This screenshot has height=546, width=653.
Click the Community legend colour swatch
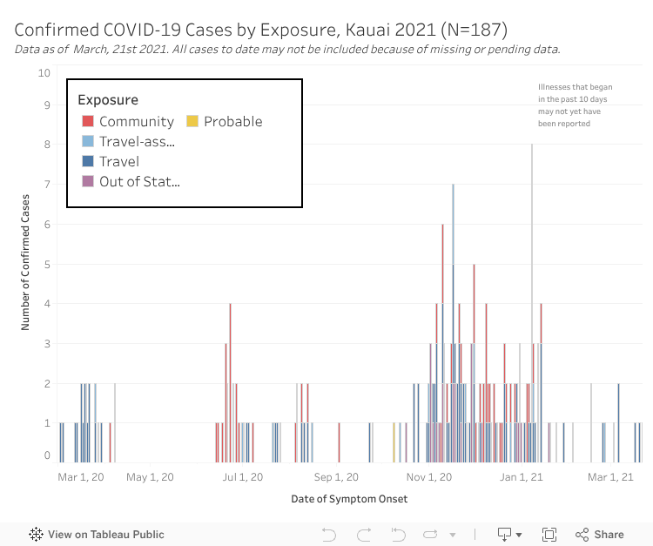[88, 122]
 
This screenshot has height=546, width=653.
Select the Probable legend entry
[232, 122]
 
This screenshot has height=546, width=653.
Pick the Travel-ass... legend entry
[137, 142]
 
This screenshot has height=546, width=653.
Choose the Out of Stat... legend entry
[139, 181]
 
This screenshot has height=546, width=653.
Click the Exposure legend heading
[108, 100]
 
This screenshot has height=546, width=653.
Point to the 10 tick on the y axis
[44, 73]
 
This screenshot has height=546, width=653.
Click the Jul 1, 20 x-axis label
[242, 476]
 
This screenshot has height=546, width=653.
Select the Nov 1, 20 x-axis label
[428, 476]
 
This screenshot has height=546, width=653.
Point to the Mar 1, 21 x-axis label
[610, 476]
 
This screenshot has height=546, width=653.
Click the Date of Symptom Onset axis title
[349, 499]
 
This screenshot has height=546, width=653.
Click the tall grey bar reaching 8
[532, 261]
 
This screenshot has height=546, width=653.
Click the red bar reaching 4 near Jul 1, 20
[230, 348]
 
